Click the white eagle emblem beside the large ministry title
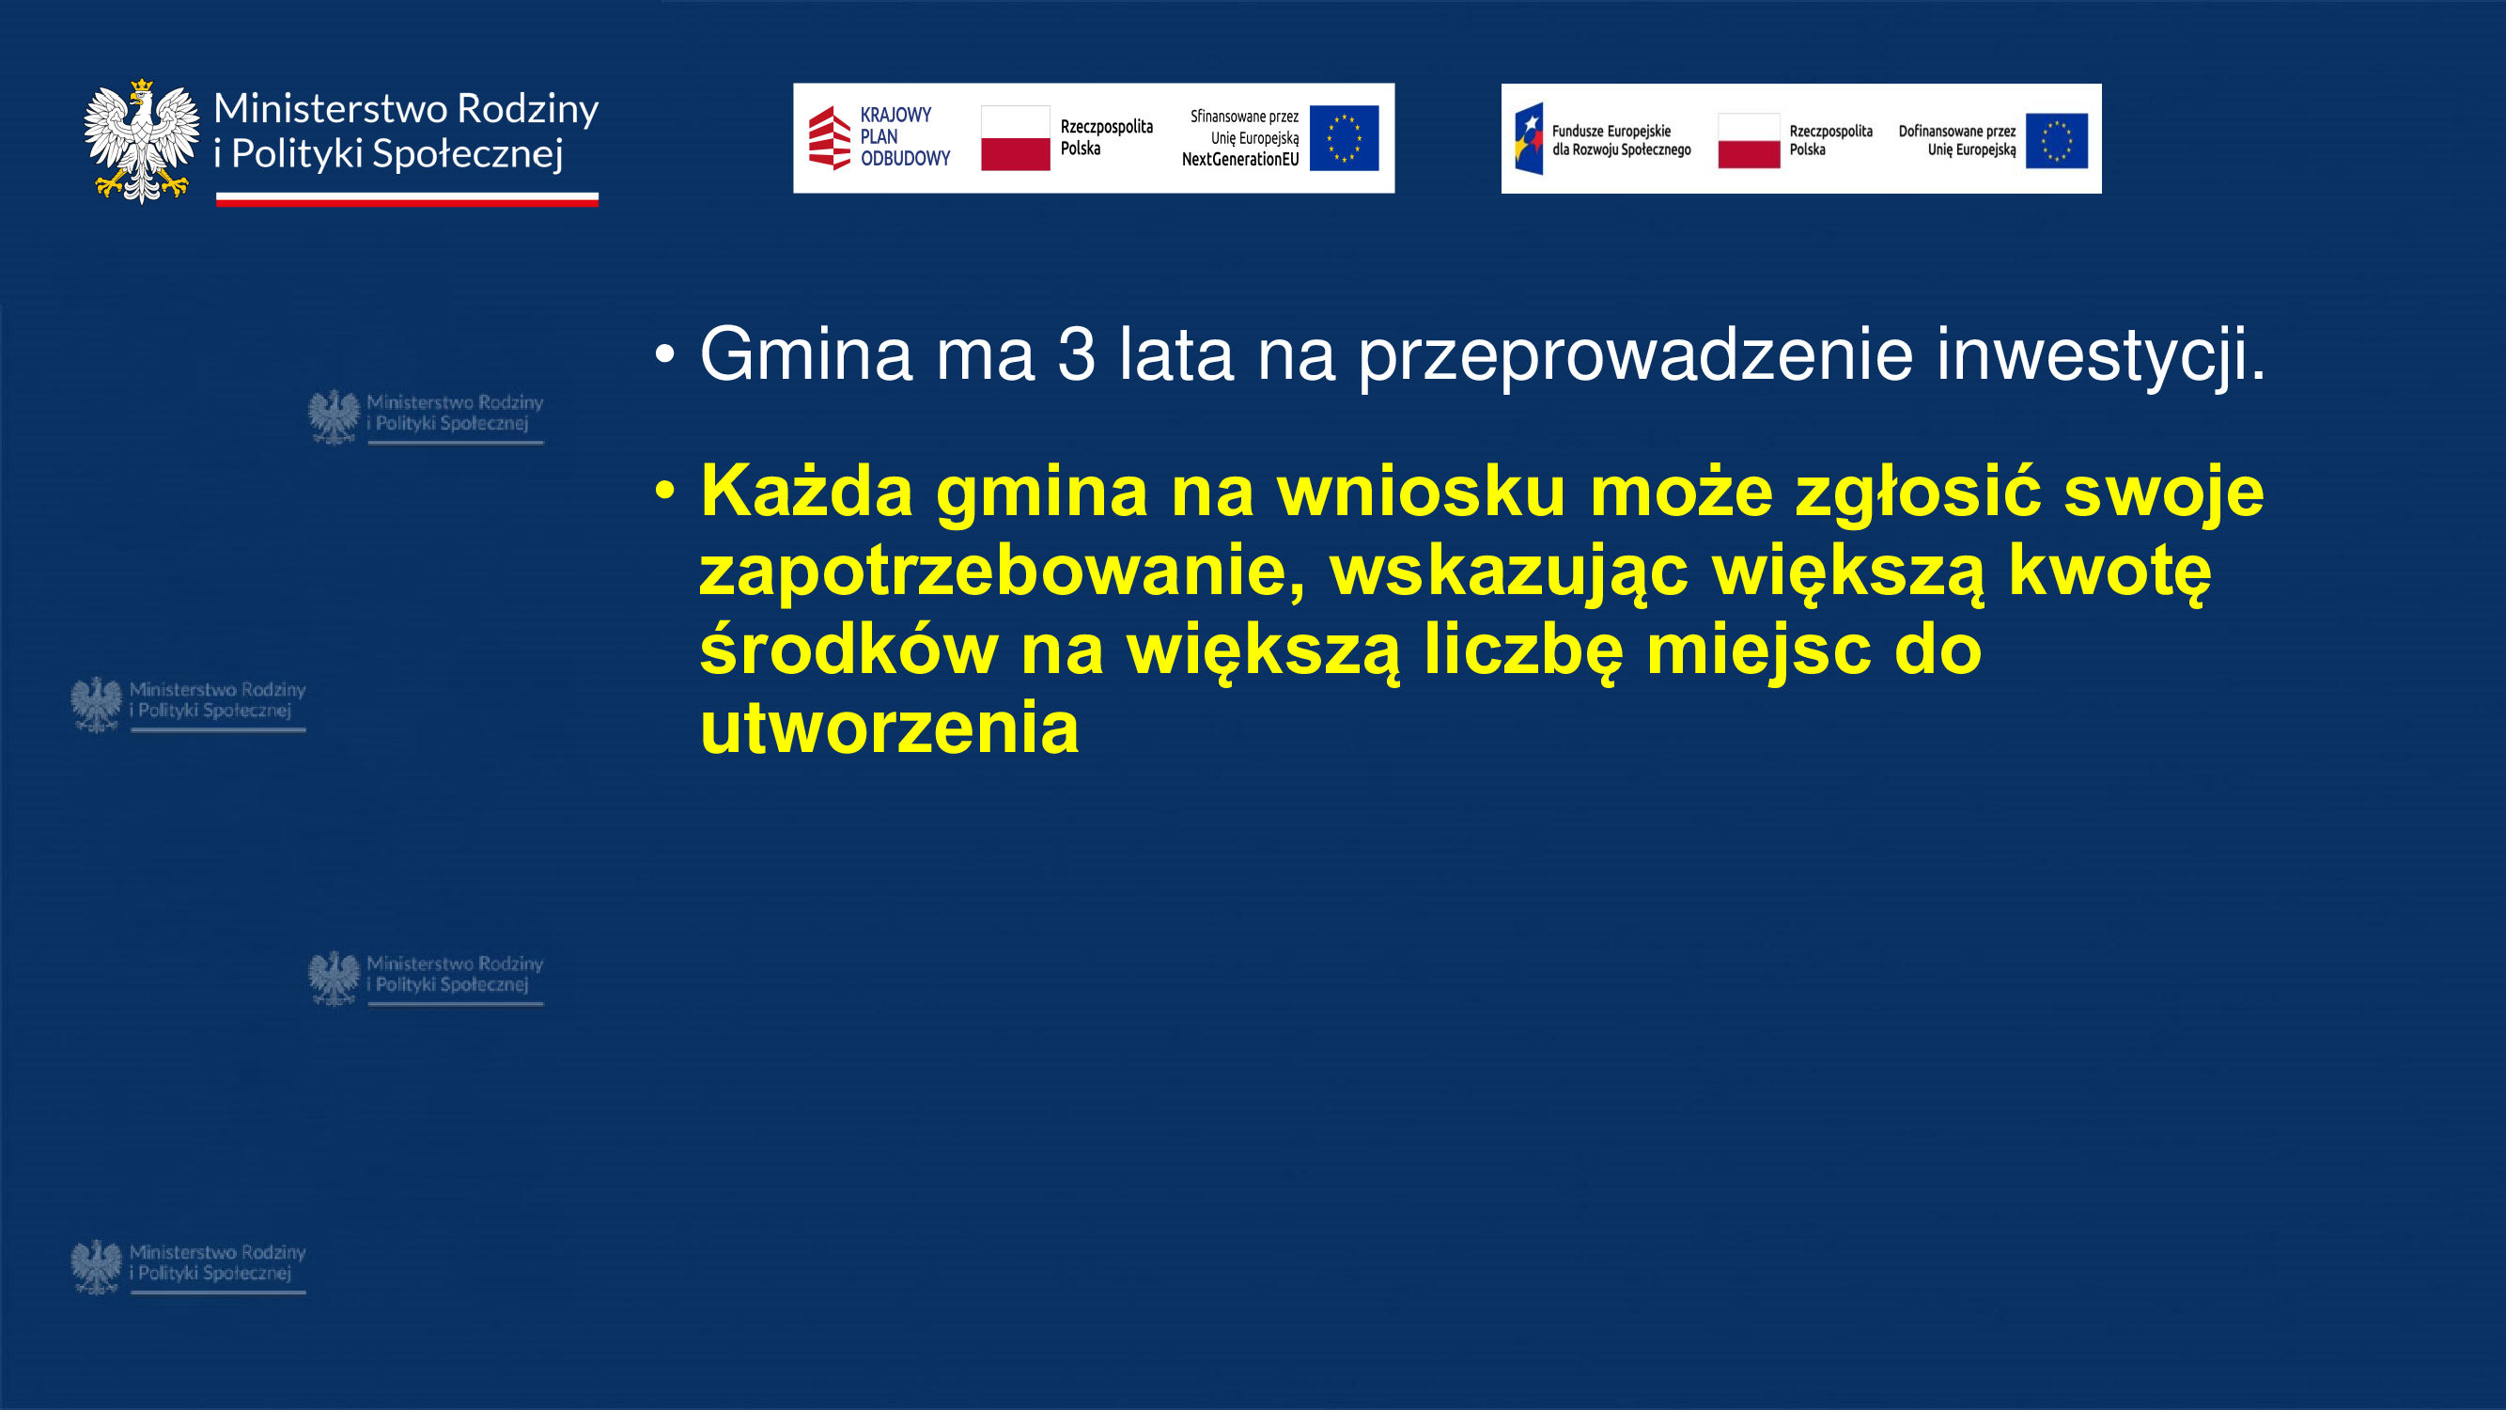tap(141, 141)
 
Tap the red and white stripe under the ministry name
tap(407, 199)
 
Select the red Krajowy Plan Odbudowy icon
tap(829, 137)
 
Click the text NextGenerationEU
tap(1240, 160)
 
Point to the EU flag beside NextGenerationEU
tap(1344, 138)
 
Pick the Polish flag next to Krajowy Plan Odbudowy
tap(1016, 138)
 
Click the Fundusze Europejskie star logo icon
tap(1528, 139)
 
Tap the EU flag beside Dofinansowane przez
tap(2057, 140)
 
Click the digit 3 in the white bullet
tap(1076, 354)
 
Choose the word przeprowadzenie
tap(1635, 356)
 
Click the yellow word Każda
tap(806, 491)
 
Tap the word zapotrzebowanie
tap(1003, 572)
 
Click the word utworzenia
tap(889, 728)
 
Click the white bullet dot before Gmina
tap(664, 355)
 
